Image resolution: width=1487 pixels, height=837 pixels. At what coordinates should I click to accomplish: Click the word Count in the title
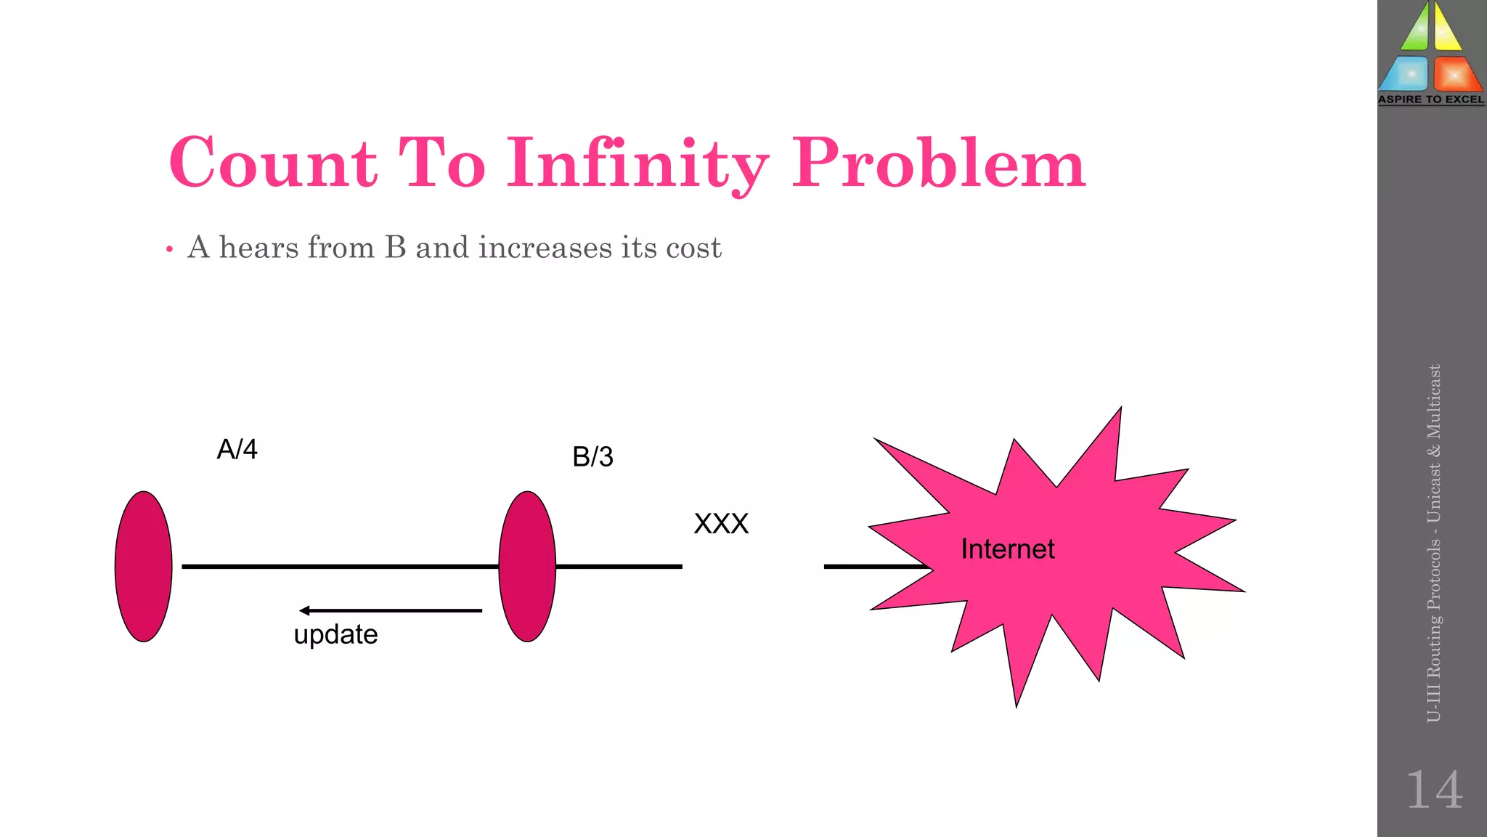click(x=273, y=163)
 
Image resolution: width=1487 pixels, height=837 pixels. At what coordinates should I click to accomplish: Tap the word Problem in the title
click(x=938, y=163)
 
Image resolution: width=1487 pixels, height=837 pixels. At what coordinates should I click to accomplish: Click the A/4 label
click(x=237, y=450)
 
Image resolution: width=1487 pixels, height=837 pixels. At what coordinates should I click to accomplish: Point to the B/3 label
click(x=592, y=457)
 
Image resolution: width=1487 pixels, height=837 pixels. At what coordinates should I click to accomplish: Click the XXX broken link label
click(x=721, y=524)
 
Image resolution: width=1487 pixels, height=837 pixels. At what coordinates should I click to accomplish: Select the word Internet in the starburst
click(x=1007, y=549)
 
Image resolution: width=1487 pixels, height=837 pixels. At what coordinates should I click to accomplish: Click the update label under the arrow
click(x=335, y=635)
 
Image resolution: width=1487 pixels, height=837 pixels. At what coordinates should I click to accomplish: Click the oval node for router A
click(x=144, y=566)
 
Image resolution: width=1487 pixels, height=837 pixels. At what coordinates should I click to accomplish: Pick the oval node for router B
click(x=527, y=566)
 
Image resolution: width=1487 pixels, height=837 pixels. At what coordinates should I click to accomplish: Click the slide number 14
click(x=1434, y=790)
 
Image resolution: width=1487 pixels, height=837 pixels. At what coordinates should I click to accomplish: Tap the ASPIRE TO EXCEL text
click(x=1431, y=100)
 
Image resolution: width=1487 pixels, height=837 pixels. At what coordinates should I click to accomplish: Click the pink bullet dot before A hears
click(x=169, y=250)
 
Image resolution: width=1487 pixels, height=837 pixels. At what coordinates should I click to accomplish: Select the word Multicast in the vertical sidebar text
click(x=1433, y=401)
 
